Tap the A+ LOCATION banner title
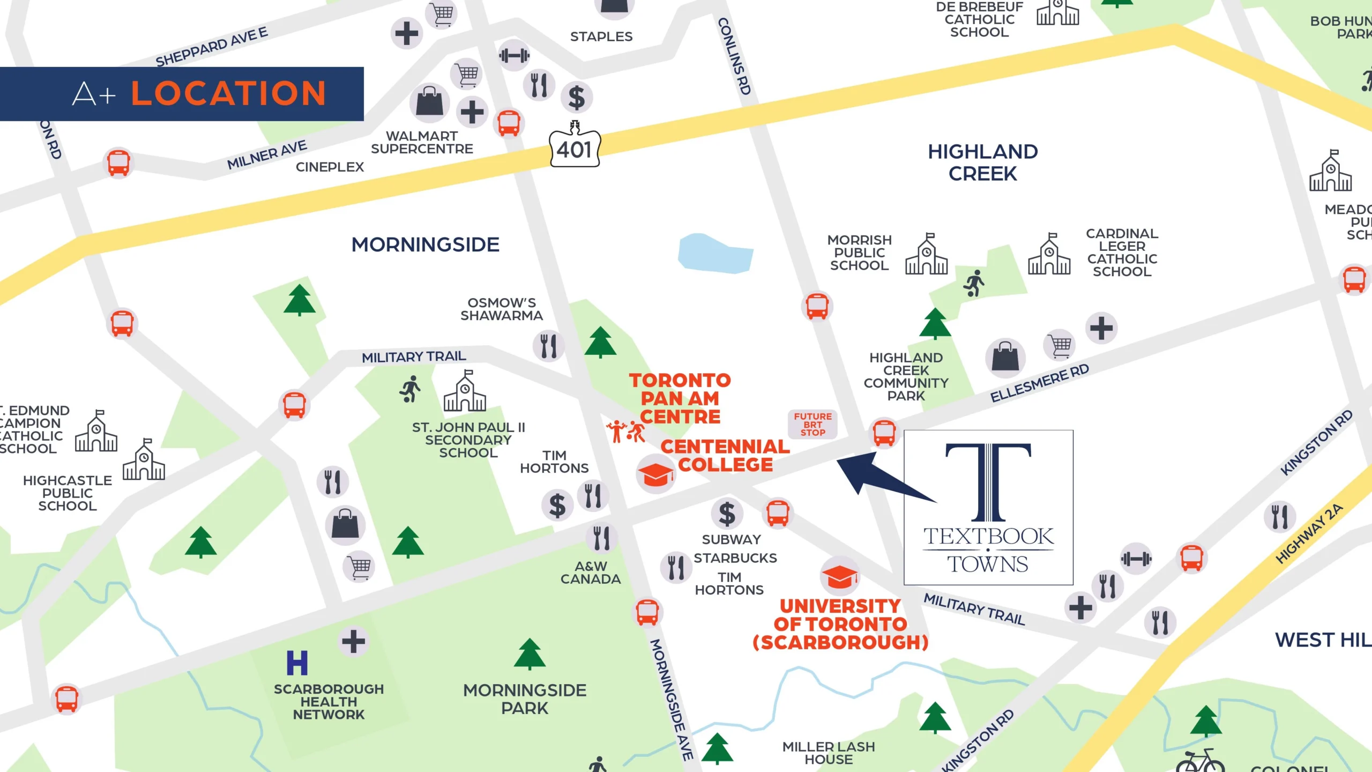pyautogui.click(x=199, y=94)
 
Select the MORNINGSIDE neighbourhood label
pyautogui.click(x=425, y=245)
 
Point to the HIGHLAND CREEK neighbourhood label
pyautogui.click(x=982, y=162)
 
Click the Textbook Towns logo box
pyautogui.click(x=988, y=507)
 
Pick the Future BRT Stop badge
pyautogui.click(x=812, y=425)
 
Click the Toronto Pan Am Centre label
pyautogui.click(x=680, y=398)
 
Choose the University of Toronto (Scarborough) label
pyautogui.click(x=840, y=624)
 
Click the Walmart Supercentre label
pyautogui.click(x=422, y=143)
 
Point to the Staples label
pyautogui.click(x=601, y=36)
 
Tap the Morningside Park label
pyautogui.click(x=525, y=699)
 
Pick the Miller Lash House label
pyautogui.click(x=828, y=753)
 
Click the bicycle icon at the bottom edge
pyautogui.click(x=1200, y=761)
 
